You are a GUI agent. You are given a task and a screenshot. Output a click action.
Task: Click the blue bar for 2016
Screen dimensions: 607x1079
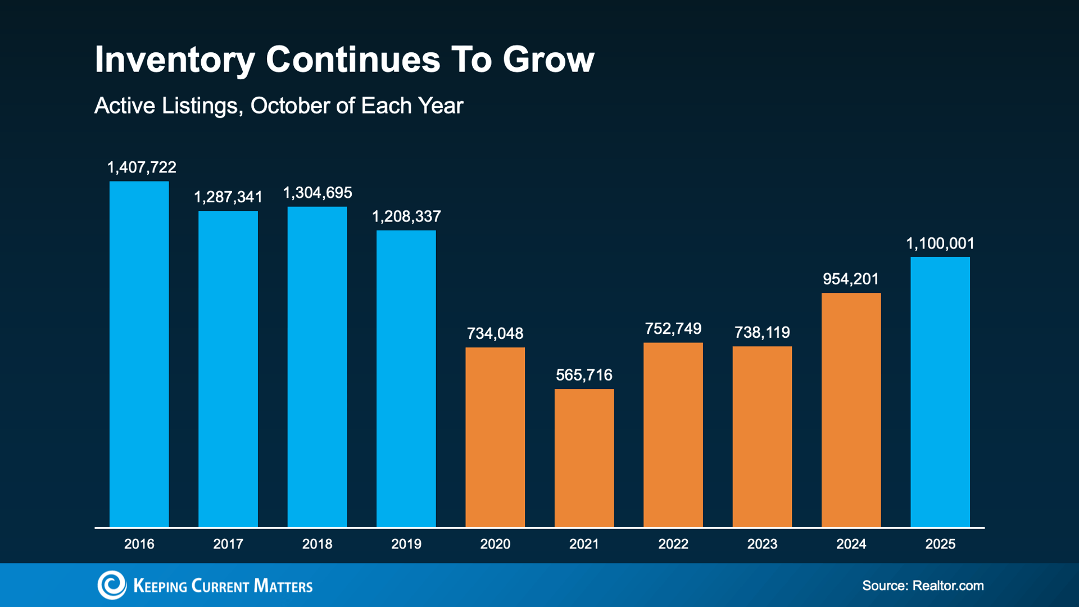[139, 354]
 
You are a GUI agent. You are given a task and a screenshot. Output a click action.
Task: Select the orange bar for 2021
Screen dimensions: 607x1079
[584, 458]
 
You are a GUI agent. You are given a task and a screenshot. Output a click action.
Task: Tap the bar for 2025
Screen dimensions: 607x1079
[940, 392]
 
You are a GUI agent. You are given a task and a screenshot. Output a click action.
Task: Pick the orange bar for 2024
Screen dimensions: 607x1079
[851, 410]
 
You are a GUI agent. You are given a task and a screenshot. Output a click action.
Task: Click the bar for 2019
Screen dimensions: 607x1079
[406, 378]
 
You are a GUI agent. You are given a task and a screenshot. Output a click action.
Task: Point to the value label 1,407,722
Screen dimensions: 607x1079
[142, 167]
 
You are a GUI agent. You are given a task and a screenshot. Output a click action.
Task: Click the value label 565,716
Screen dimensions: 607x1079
[584, 375]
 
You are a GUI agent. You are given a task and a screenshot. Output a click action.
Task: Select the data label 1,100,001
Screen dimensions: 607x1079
[940, 243]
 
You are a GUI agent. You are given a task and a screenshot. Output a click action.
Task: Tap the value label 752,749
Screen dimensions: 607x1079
[673, 329]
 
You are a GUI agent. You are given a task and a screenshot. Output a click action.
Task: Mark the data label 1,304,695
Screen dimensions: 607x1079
[318, 193]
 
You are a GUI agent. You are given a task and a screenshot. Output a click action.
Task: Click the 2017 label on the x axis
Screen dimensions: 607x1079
[228, 544]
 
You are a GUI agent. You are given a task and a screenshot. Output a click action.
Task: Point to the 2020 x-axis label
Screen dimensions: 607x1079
[495, 544]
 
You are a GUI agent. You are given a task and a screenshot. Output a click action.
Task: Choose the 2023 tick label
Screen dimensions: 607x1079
[762, 544]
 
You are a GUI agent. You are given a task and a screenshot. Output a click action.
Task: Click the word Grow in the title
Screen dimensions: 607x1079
[548, 60]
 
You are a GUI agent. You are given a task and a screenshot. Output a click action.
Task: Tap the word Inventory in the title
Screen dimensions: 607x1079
[175, 60]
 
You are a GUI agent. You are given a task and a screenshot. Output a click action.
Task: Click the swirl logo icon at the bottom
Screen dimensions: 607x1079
[112, 585]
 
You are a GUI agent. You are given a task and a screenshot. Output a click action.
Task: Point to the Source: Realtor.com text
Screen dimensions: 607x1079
[923, 586]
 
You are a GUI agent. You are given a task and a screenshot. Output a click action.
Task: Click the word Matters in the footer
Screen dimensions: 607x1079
[283, 586]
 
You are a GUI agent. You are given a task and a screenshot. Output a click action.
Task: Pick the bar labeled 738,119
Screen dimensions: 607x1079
[762, 437]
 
